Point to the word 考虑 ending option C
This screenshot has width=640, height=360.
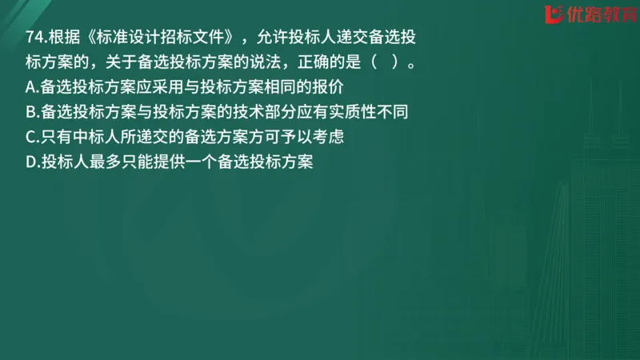click(326, 137)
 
